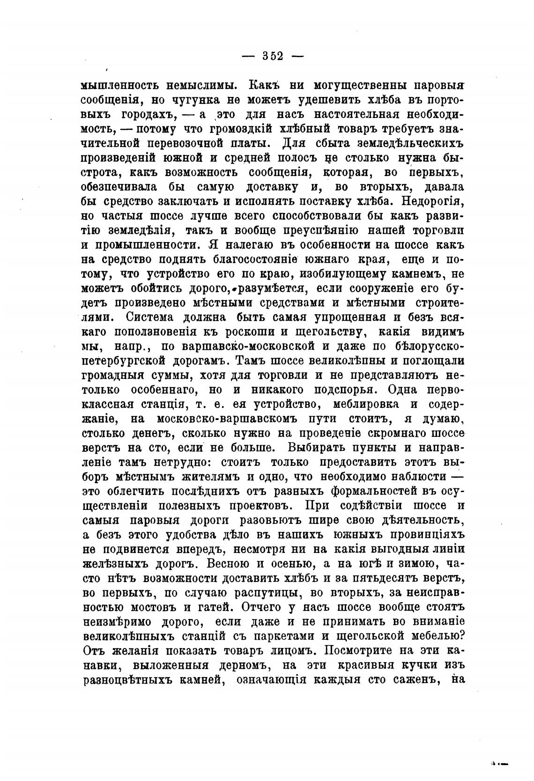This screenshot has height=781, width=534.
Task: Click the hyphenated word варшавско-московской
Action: pyautogui.click(x=237, y=347)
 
